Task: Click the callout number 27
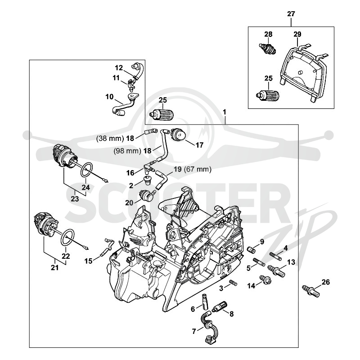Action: point(291,14)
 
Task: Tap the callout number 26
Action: point(326,282)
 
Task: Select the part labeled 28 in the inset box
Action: point(267,48)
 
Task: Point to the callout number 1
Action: point(225,112)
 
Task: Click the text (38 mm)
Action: point(110,138)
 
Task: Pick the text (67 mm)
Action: point(197,169)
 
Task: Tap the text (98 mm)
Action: point(127,151)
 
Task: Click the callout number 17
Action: point(199,145)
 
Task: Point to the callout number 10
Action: point(109,97)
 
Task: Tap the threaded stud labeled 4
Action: point(275,256)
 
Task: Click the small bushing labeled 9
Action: point(251,250)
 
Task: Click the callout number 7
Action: point(194,331)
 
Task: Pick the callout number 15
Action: point(88,261)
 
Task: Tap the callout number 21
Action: point(54,267)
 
